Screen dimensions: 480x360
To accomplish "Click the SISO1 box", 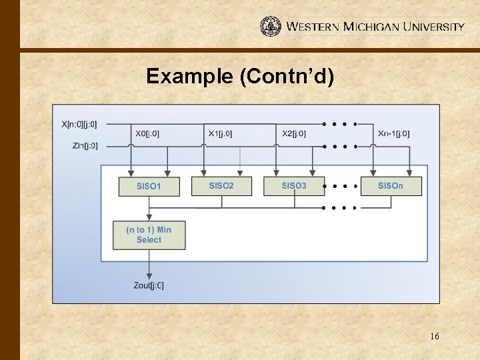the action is point(149,186).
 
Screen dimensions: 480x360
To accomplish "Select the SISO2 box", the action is point(221,185).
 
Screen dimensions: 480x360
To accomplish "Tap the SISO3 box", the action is point(294,185).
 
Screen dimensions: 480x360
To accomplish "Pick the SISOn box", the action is point(391,185).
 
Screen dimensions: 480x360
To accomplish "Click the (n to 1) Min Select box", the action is point(149,235).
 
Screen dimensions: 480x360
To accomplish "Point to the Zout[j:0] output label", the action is point(149,286).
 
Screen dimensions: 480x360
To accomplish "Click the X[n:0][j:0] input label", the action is point(79,124).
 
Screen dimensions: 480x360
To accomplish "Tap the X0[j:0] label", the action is point(147,134).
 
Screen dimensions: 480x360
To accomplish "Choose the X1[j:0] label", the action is point(220,134).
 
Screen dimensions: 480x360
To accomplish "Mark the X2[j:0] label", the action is point(294,134).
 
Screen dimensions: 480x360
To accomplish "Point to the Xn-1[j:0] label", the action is point(393,134).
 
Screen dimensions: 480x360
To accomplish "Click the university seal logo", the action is point(271,26).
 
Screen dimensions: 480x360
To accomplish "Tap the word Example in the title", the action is point(189,77).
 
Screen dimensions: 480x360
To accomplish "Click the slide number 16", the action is point(434,337).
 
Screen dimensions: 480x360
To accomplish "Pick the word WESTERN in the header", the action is point(313,27).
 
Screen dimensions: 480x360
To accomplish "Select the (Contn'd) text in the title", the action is point(286,77).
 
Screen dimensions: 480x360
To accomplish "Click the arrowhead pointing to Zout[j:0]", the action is point(149,276).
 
